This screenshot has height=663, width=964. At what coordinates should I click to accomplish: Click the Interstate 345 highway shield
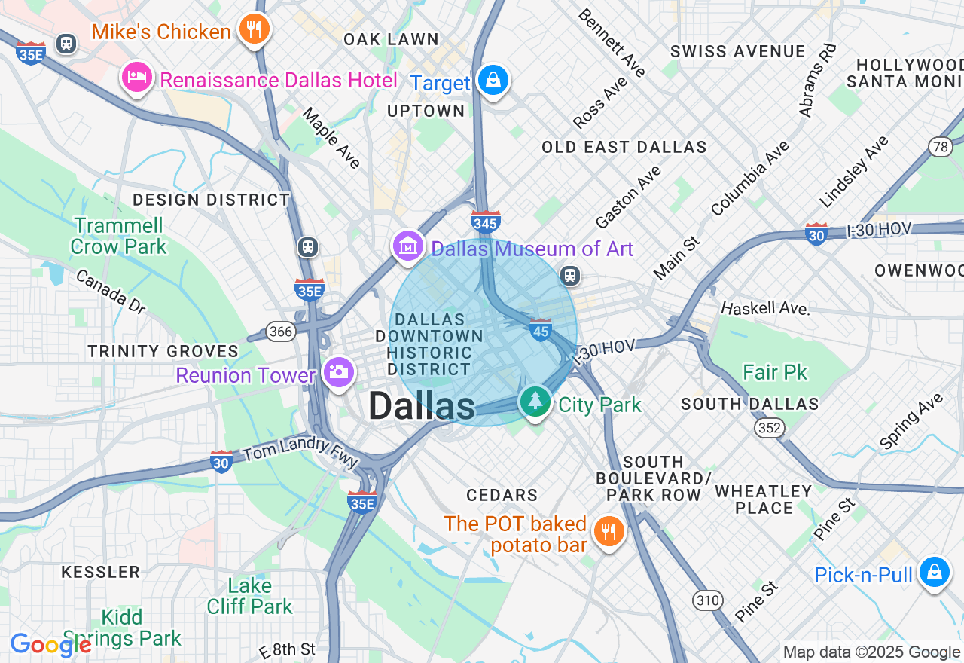(486, 222)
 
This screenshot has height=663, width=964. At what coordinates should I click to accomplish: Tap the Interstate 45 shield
(540, 329)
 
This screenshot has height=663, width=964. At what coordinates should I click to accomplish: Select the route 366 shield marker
(280, 331)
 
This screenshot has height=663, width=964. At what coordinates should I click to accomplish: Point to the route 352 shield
(770, 428)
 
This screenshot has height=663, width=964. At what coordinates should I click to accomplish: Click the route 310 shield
(708, 600)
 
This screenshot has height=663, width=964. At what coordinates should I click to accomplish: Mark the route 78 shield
(940, 147)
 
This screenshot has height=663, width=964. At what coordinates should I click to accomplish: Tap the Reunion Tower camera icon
(338, 371)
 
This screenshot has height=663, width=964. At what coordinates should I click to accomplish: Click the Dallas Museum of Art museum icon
(407, 246)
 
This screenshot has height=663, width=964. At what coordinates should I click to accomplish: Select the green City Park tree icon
(535, 401)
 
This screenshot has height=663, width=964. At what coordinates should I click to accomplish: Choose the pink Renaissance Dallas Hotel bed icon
(137, 77)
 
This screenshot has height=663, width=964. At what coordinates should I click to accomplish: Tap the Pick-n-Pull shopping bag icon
(934, 573)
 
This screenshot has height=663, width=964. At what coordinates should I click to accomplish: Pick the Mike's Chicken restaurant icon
(254, 29)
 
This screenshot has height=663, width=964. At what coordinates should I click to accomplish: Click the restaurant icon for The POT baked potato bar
(607, 532)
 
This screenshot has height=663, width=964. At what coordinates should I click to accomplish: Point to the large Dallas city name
(422, 407)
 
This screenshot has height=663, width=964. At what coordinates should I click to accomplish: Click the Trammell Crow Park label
(118, 236)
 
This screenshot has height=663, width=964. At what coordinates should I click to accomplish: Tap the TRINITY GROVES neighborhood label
(163, 351)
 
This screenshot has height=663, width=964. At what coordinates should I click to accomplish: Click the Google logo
(50, 645)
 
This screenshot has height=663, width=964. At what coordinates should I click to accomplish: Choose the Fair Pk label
(774, 372)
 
